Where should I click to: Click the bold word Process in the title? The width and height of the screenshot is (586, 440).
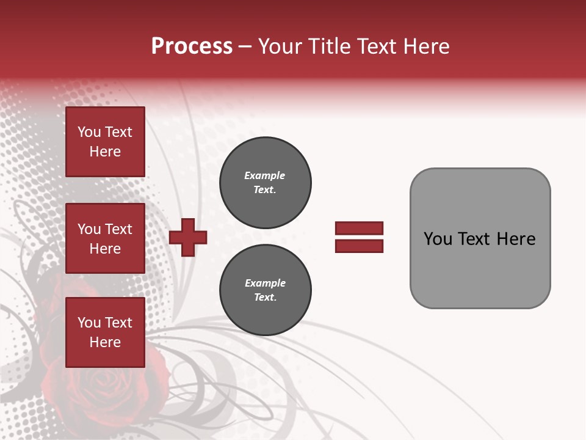coord(192,46)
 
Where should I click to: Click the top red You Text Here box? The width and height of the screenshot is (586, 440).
coord(105,142)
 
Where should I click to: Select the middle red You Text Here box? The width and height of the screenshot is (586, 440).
coord(105,238)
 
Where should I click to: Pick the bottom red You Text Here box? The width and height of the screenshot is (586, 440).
coord(105,332)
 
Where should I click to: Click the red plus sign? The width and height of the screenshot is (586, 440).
coord(188,237)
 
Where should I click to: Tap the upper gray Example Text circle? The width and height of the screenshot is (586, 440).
coord(265,183)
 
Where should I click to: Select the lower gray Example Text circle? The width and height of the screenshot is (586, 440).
coord(265,290)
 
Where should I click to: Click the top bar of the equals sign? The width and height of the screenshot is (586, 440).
coord(359,228)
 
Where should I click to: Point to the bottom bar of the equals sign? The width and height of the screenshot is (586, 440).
coord(359,246)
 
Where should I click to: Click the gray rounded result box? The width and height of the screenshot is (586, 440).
coord(480,269)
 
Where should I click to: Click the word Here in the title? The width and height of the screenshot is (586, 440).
coord(425,46)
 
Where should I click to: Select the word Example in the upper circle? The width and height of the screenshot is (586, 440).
coord(264,175)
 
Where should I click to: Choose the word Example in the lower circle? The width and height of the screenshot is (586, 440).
coord(265,283)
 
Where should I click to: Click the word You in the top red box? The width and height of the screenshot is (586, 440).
coord(89,132)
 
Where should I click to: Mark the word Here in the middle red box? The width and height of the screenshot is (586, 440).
coord(105,249)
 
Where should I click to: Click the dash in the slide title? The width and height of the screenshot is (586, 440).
coord(245,46)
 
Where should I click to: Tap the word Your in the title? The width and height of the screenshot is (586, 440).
coord(281,46)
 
